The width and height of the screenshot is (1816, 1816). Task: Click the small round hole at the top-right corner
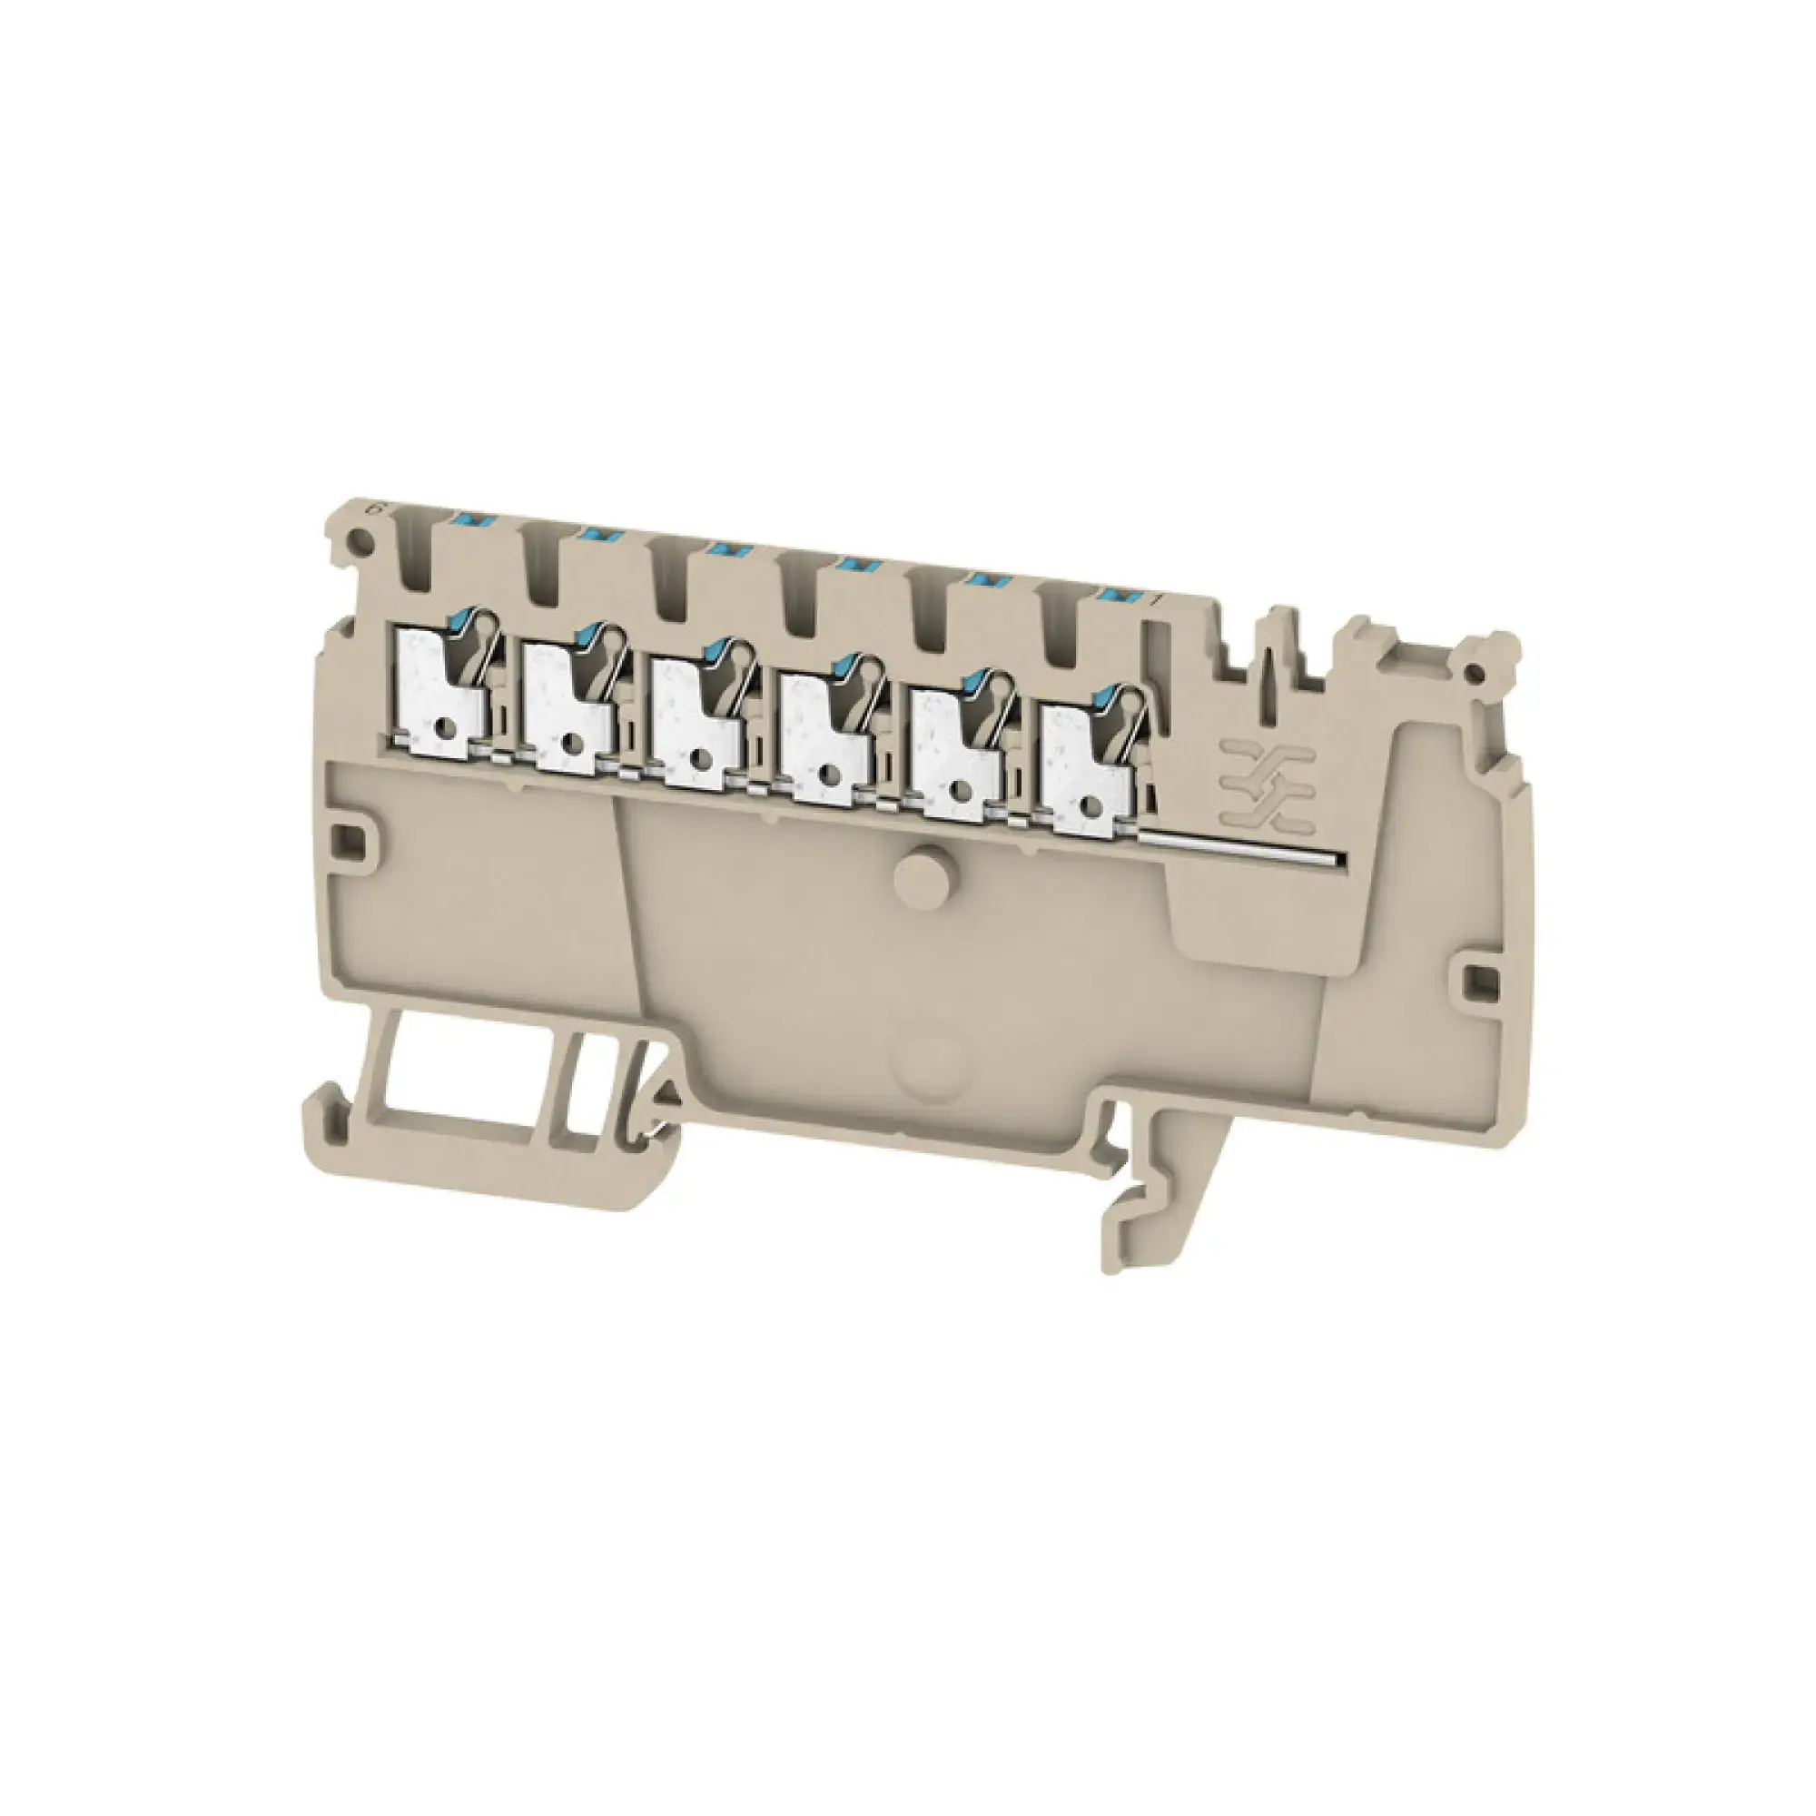point(1477,670)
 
